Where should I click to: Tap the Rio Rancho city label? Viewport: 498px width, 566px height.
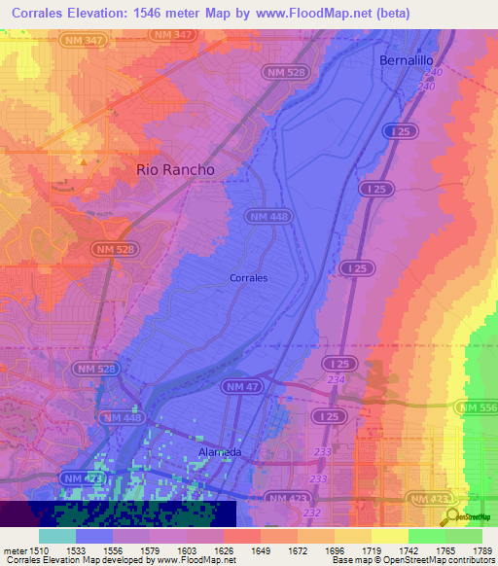175,169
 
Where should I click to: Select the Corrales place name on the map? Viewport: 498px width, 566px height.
248,278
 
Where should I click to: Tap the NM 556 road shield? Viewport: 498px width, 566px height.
478,407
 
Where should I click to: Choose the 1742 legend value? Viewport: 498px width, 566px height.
409,550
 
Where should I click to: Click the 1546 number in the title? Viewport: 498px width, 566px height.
160,14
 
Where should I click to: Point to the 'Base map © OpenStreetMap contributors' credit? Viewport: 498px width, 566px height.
412,560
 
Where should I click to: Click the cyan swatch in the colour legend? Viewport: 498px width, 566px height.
57,536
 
